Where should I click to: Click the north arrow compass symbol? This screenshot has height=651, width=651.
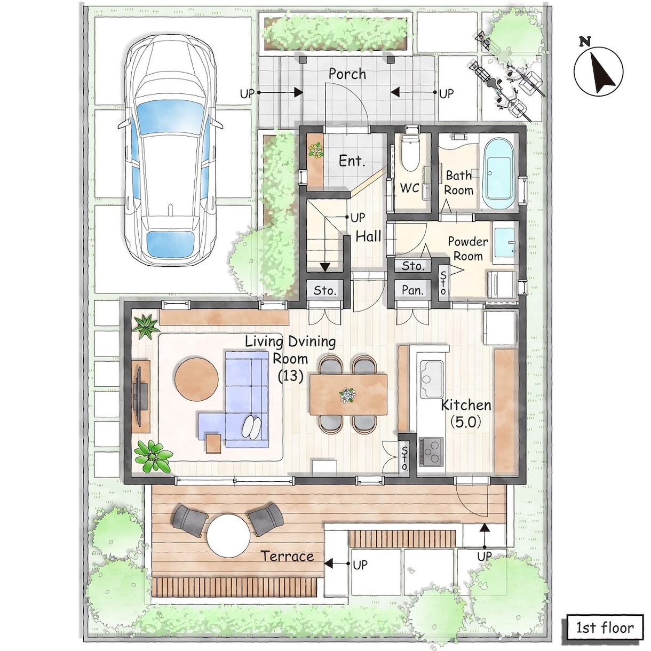pyautogui.click(x=598, y=71)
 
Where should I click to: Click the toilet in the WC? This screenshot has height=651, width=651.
pyautogui.click(x=409, y=153)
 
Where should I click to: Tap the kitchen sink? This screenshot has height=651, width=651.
pyautogui.click(x=431, y=379)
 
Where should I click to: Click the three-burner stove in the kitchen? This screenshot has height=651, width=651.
pyautogui.click(x=431, y=451)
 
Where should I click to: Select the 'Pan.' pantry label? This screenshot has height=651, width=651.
pyautogui.click(x=412, y=290)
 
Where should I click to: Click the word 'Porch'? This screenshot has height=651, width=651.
pyautogui.click(x=347, y=74)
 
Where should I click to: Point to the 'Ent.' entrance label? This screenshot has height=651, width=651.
pyautogui.click(x=352, y=161)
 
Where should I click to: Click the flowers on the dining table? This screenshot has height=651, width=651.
pyautogui.click(x=347, y=394)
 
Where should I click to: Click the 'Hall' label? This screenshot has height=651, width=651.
pyautogui.click(x=369, y=236)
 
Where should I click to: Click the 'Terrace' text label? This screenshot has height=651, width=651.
pyautogui.click(x=288, y=556)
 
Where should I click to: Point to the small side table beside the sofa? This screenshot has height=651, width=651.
pyautogui.click(x=213, y=443)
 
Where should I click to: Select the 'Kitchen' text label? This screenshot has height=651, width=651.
pyautogui.click(x=466, y=405)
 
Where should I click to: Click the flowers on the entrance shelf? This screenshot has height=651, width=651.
pyautogui.click(x=316, y=150)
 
